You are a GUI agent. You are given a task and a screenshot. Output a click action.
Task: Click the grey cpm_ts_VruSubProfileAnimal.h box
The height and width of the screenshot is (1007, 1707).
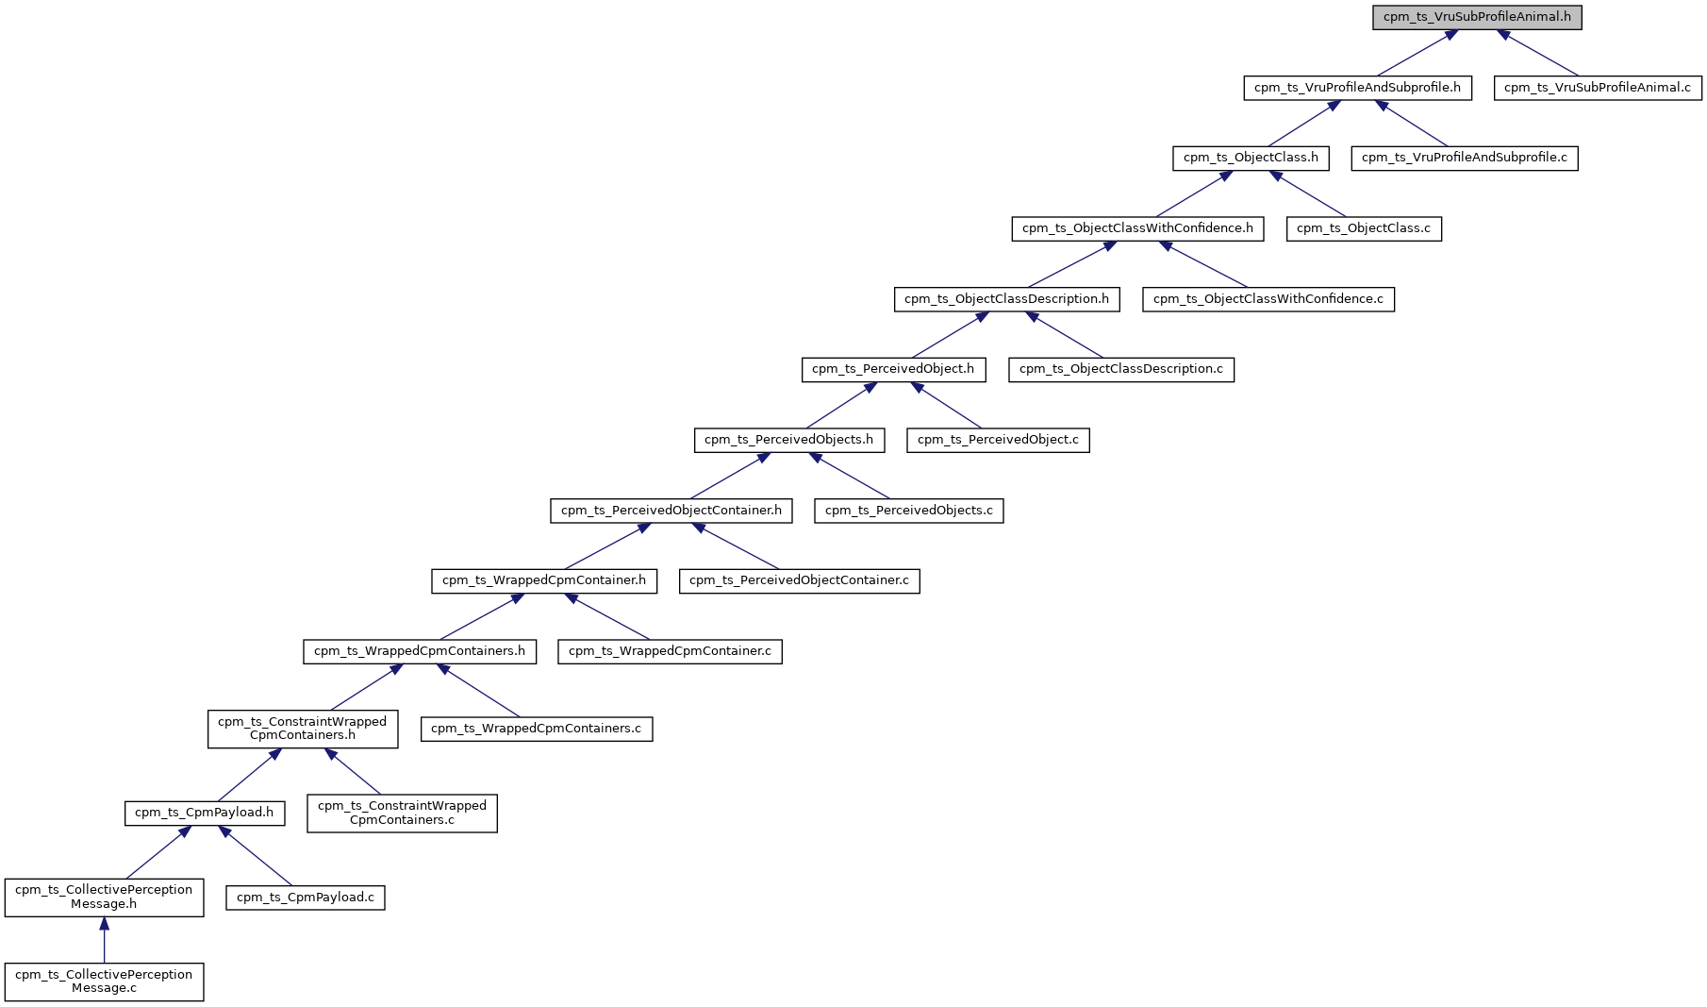tap(1477, 17)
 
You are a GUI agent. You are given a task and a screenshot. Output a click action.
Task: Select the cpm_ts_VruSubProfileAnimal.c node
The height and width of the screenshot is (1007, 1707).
tap(1598, 88)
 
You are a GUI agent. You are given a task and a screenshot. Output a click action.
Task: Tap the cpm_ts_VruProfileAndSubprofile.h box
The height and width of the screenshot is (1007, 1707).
tap(1357, 88)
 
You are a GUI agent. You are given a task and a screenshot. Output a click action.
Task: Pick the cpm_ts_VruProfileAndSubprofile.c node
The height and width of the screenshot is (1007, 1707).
tap(1464, 158)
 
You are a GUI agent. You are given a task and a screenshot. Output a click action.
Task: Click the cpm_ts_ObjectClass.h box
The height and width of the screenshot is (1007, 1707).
tap(1251, 158)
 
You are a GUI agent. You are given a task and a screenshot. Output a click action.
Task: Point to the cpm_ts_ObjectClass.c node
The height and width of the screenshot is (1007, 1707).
tap(1364, 228)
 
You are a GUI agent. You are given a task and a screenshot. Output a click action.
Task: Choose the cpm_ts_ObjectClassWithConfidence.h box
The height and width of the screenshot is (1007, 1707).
tap(1137, 228)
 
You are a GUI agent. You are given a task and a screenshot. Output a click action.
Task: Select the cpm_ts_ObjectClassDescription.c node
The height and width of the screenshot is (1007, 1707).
tap(1120, 369)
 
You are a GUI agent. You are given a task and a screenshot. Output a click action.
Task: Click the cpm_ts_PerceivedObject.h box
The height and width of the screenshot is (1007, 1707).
tap(893, 369)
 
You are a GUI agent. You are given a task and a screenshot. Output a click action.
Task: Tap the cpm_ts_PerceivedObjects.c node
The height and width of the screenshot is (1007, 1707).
tap(908, 511)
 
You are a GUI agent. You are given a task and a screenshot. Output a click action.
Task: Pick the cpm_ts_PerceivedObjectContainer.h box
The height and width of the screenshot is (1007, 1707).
tap(671, 511)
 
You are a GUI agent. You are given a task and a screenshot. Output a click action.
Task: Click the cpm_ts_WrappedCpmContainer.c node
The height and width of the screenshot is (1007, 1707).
tap(670, 651)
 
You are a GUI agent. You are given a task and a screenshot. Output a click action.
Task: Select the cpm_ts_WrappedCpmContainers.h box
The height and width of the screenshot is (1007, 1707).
tap(420, 651)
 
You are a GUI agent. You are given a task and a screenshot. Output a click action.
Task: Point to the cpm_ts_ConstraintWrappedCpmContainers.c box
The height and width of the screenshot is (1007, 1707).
tap(402, 813)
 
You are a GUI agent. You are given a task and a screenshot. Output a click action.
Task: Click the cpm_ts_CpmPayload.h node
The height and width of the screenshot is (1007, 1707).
tap(204, 813)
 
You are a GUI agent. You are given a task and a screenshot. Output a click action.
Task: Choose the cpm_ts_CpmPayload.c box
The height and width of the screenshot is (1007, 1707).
tap(306, 898)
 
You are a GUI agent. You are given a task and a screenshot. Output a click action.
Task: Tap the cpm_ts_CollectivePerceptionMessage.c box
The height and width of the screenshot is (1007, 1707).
tap(104, 982)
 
